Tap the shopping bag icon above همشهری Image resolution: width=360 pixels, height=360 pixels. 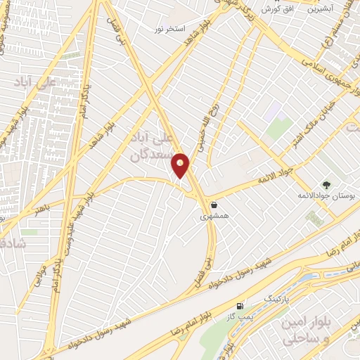(213, 205)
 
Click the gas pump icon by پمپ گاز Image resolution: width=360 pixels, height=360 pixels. (241, 306)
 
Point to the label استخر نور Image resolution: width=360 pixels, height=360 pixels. (172, 30)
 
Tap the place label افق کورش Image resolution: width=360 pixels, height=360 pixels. (277, 9)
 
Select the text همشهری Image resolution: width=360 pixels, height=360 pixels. (214, 217)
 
